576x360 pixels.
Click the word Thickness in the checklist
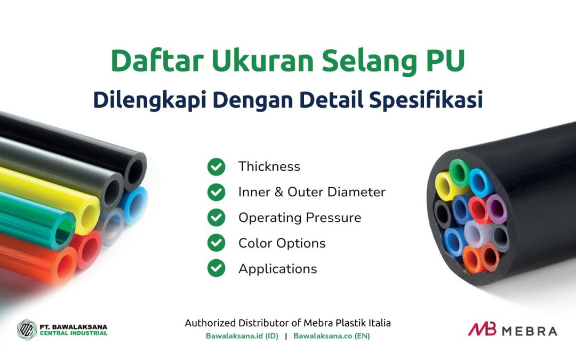(269, 166)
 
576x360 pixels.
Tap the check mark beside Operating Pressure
(217, 218)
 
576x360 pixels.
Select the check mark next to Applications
(217, 268)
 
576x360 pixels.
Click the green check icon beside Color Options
(217, 243)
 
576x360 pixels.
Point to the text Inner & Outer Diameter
(312, 192)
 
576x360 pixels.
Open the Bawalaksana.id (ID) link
(242, 336)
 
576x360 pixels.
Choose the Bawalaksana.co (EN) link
(332, 336)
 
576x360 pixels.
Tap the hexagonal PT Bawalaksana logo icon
(27, 330)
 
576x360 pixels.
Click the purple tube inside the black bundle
(497, 209)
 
